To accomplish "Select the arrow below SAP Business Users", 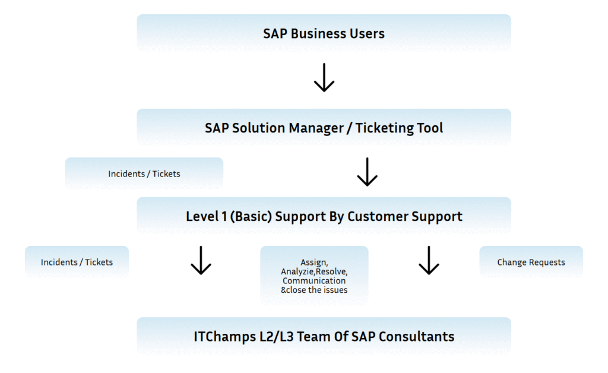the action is (324, 78).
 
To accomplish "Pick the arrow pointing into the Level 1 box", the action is (367, 172).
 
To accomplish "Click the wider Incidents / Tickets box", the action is (144, 173).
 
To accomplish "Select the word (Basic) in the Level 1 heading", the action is (251, 216).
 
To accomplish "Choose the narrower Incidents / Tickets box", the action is (77, 262).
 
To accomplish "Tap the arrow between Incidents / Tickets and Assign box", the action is (201, 260).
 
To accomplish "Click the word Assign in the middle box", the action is (314, 263).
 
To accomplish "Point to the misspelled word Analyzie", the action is (298, 271).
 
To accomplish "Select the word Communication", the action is (314, 281).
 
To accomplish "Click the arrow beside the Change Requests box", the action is (429, 260).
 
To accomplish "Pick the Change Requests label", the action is (531, 262).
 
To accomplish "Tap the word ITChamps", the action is (225, 337).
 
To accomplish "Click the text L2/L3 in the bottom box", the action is (277, 337).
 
